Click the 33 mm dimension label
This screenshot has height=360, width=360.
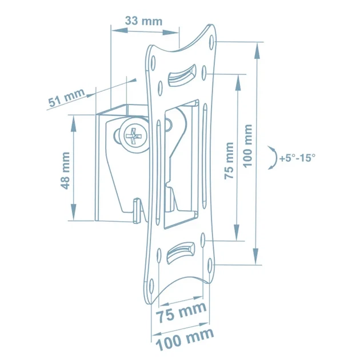(x=144, y=21)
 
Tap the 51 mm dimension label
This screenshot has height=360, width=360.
(x=66, y=98)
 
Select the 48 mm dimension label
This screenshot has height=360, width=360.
(x=66, y=171)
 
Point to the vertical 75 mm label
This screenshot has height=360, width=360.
(x=229, y=161)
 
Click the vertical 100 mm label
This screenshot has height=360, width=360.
(x=247, y=146)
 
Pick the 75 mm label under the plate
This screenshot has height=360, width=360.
(x=181, y=312)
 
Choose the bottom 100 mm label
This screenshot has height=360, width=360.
(x=185, y=339)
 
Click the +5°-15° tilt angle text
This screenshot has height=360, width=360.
(x=297, y=158)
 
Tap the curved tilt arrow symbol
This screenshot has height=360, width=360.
(x=273, y=158)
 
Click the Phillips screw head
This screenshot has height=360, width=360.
(x=135, y=137)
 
